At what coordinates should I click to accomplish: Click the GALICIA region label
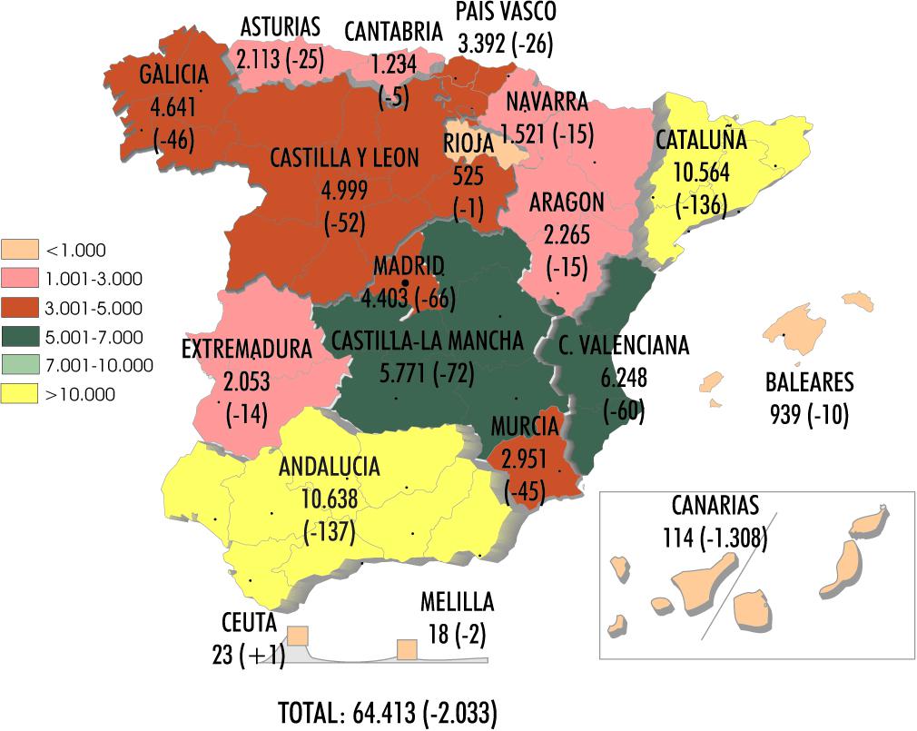click(175, 75)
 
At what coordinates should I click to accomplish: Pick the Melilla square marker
click(407, 649)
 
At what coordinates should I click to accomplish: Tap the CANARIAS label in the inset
click(715, 505)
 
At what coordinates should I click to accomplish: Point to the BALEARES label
click(809, 382)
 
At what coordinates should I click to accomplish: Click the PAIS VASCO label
click(506, 12)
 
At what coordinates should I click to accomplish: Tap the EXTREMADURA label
click(247, 350)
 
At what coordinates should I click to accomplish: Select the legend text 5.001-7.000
click(94, 336)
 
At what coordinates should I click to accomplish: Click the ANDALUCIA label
click(329, 468)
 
